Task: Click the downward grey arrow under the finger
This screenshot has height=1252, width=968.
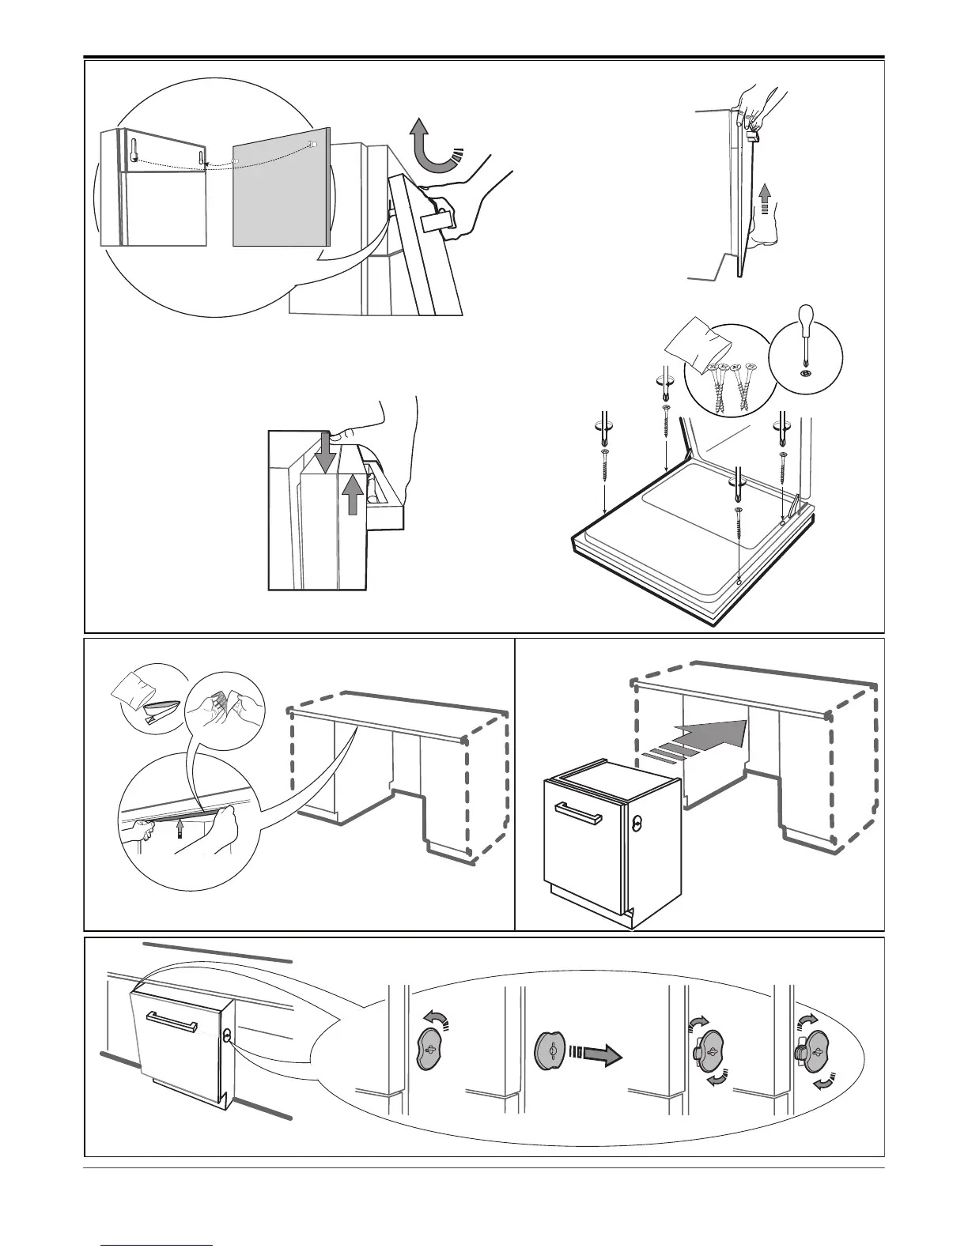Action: coord(323,454)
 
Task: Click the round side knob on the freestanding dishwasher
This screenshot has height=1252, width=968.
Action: coord(637,823)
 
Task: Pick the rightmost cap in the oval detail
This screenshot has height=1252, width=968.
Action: coord(815,1050)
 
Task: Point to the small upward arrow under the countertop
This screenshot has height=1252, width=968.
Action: coord(181,827)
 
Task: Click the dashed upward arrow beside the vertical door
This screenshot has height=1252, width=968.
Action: coord(765,197)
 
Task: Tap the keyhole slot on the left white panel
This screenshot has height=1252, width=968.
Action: coord(135,151)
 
